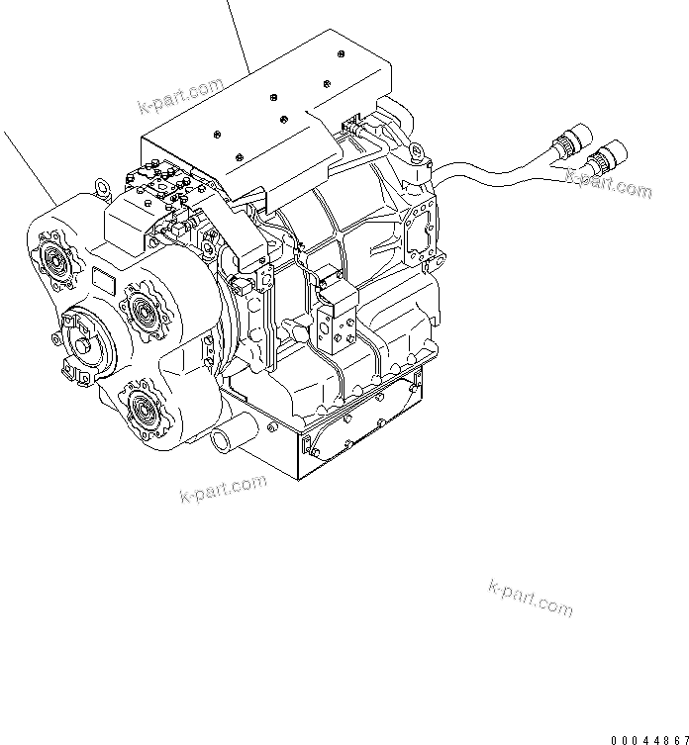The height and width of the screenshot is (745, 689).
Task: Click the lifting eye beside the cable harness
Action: click(x=415, y=151)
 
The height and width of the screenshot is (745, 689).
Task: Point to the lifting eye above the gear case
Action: click(x=101, y=185)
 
